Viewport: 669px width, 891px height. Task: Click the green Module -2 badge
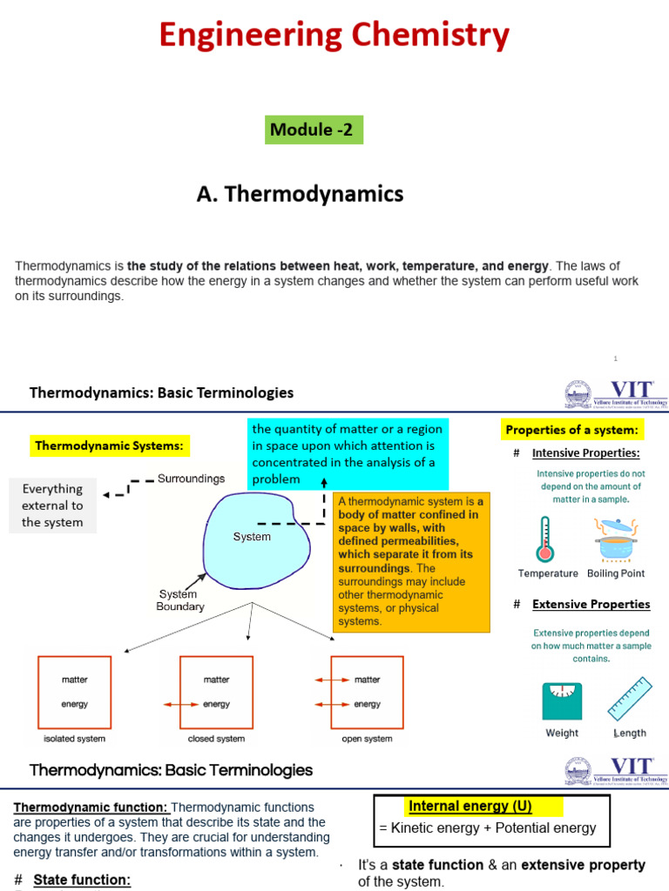314,130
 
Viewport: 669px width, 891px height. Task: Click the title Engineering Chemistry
334,36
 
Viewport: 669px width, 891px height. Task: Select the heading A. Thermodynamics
300,193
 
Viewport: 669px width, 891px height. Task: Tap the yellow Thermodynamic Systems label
109,446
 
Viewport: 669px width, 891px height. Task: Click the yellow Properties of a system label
572,430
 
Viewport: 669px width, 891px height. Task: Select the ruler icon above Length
629,700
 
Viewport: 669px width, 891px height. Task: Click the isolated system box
74,692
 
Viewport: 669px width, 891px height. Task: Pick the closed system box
216,692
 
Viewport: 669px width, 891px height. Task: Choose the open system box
367,692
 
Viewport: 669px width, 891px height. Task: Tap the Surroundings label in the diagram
191,479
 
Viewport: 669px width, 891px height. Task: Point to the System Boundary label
179,600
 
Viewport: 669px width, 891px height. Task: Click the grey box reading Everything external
52,506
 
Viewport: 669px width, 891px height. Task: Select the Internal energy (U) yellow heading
470,806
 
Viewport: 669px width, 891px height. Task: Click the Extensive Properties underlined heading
591,604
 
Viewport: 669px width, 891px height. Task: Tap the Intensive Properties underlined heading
585,453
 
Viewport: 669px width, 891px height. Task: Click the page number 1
614,358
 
